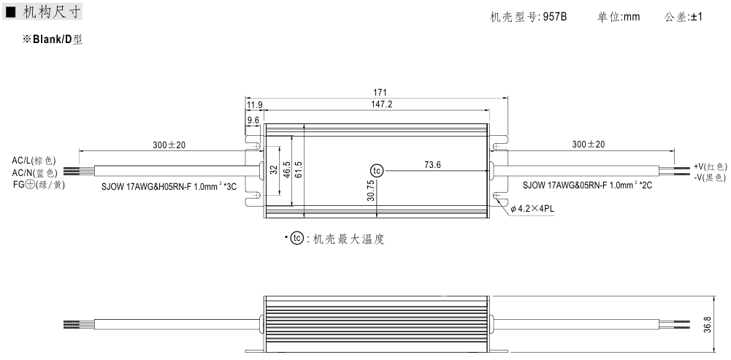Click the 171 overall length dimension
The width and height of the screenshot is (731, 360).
click(380, 93)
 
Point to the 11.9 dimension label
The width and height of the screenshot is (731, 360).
click(254, 105)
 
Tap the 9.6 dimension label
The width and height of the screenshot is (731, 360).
click(253, 120)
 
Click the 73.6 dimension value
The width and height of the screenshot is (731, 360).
click(432, 164)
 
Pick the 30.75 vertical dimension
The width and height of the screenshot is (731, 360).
click(371, 191)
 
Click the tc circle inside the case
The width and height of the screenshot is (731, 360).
click(377, 171)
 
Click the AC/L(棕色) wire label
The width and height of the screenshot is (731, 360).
click(34, 161)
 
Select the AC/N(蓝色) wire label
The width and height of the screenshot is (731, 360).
click(34, 173)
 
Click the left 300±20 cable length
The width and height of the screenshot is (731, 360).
click(169, 145)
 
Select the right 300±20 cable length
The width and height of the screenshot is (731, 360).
click(589, 145)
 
